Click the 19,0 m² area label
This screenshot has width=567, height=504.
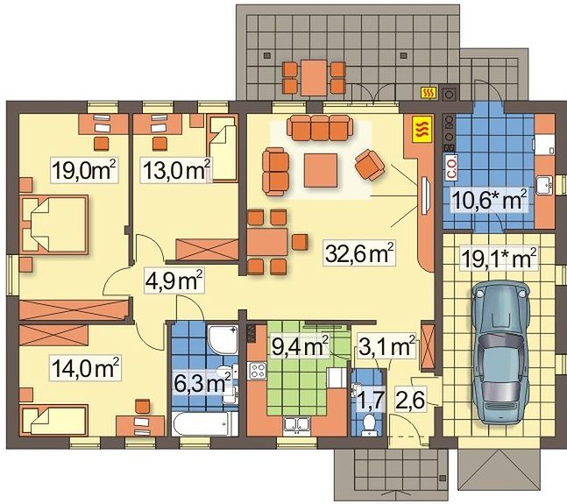84,170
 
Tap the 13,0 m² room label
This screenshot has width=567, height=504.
176,170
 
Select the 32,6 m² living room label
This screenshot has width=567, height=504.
359,253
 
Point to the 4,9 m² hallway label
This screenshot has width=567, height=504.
174,280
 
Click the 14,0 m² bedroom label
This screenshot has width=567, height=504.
85,367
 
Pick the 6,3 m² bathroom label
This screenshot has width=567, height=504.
202,383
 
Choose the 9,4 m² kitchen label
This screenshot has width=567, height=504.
300,345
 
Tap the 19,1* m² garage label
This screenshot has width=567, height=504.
499,259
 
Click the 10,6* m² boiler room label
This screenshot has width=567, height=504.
489,199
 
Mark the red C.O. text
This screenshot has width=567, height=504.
452,167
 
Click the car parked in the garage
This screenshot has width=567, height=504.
500,351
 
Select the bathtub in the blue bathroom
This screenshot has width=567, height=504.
205,423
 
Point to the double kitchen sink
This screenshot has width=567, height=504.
297,424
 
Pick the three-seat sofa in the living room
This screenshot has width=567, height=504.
320,128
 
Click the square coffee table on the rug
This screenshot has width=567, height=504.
321,170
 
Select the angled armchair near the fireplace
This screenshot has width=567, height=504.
370,165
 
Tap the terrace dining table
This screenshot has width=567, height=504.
314,78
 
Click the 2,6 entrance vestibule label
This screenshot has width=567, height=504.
410,398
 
